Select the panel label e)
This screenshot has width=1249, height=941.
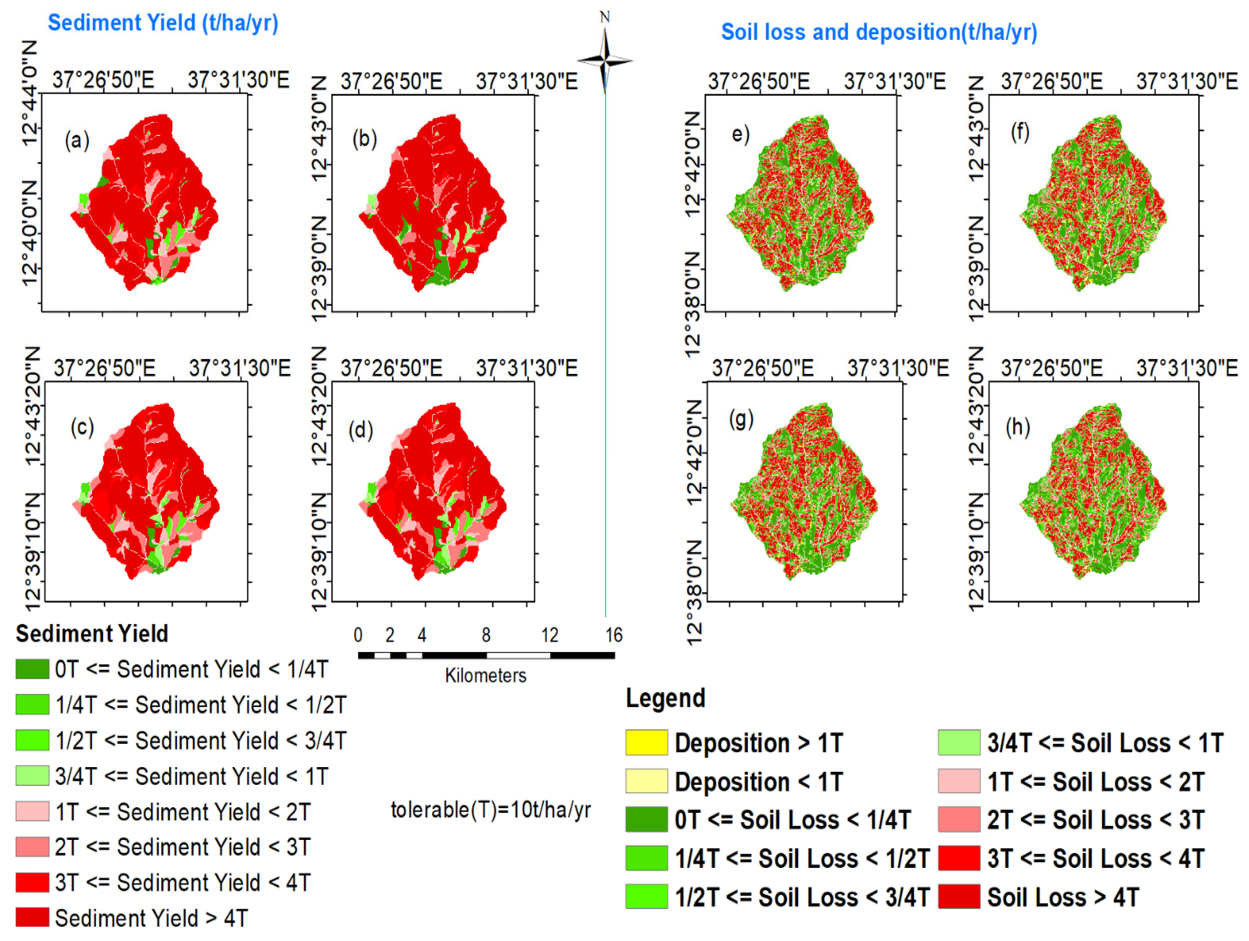(x=740, y=134)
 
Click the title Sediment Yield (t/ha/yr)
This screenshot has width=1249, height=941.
(x=162, y=23)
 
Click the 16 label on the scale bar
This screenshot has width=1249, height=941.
(x=614, y=635)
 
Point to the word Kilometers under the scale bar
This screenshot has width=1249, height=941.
(x=485, y=675)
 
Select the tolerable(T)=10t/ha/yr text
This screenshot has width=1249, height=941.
(x=490, y=810)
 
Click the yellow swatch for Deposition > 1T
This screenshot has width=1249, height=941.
(x=647, y=743)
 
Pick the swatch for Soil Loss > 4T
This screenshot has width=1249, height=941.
(x=959, y=897)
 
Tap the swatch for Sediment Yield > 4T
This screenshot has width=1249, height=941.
(x=32, y=918)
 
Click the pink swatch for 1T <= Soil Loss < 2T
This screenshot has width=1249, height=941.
(x=959, y=781)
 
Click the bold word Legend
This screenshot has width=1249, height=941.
(x=665, y=698)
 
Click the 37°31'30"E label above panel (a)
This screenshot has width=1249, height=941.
(x=238, y=80)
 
